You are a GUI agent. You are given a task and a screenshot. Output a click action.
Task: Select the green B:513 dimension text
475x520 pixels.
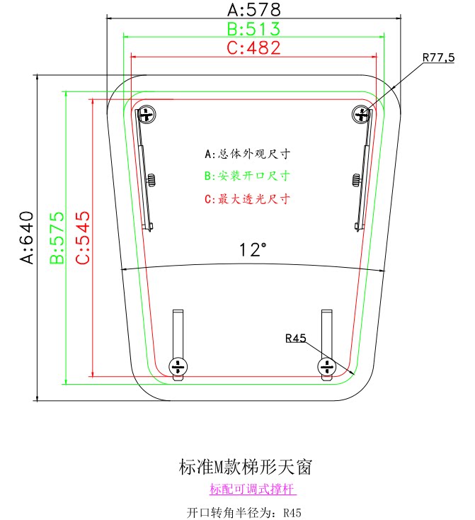point(253,29)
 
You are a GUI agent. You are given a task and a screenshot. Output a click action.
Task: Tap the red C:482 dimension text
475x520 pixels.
point(253,48)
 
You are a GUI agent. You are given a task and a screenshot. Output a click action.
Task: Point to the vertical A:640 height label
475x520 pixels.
point(27,237)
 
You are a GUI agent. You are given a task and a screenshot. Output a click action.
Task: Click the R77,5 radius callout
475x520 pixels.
point(438,58)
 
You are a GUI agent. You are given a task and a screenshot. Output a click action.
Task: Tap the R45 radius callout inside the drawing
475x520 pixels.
point(296,339)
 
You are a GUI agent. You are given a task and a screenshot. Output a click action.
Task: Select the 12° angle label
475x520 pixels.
point(253,250)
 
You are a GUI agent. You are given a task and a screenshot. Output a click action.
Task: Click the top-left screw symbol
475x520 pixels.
point(147,113)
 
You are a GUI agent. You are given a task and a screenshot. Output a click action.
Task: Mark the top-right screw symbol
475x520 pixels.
point(361,113)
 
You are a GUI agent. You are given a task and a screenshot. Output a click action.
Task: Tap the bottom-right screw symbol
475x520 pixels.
point(326,366)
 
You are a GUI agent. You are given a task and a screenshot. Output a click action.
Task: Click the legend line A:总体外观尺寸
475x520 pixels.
point(248,153)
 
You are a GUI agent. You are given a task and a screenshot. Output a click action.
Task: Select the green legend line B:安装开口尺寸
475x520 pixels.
point(248,176)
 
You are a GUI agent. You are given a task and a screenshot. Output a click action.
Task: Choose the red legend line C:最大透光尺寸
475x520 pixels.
point(248,199)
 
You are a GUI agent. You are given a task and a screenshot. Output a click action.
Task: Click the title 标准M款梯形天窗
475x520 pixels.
point(244,467)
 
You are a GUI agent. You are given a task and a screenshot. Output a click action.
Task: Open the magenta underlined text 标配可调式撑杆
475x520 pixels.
point(253,489)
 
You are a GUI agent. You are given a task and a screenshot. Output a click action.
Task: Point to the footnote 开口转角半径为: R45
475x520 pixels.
point(244,512)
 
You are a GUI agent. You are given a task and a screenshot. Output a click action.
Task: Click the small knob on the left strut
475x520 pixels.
point(151,179)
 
